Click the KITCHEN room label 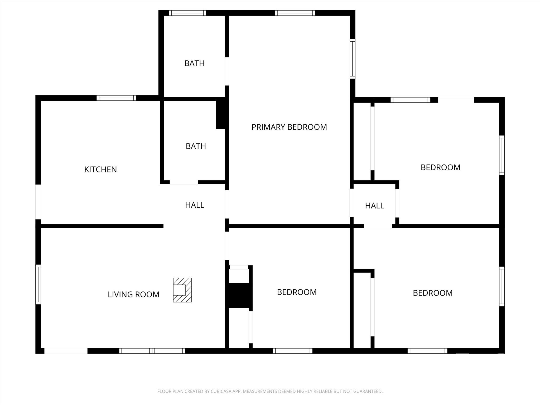tap(100, 169)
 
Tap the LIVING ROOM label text tap(133, 294)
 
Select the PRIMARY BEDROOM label tap(289, 127)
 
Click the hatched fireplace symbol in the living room tap(182, 290)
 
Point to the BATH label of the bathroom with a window tap(194, 63)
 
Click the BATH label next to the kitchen tap(196, 146)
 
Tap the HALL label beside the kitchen tap(195, 205)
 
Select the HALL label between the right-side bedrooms tap(374, 206)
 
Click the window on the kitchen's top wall tap(116, 98)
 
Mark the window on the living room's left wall tap(38, 284)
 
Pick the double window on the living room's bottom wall tap(152, 351)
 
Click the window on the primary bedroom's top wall tap(295, 13)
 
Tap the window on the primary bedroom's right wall tap(353, 59)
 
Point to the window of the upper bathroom tap(187, 13)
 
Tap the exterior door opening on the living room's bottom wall tap(66, 351)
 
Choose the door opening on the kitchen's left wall tap(38, 202)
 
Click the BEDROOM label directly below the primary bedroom tap(297, 292)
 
